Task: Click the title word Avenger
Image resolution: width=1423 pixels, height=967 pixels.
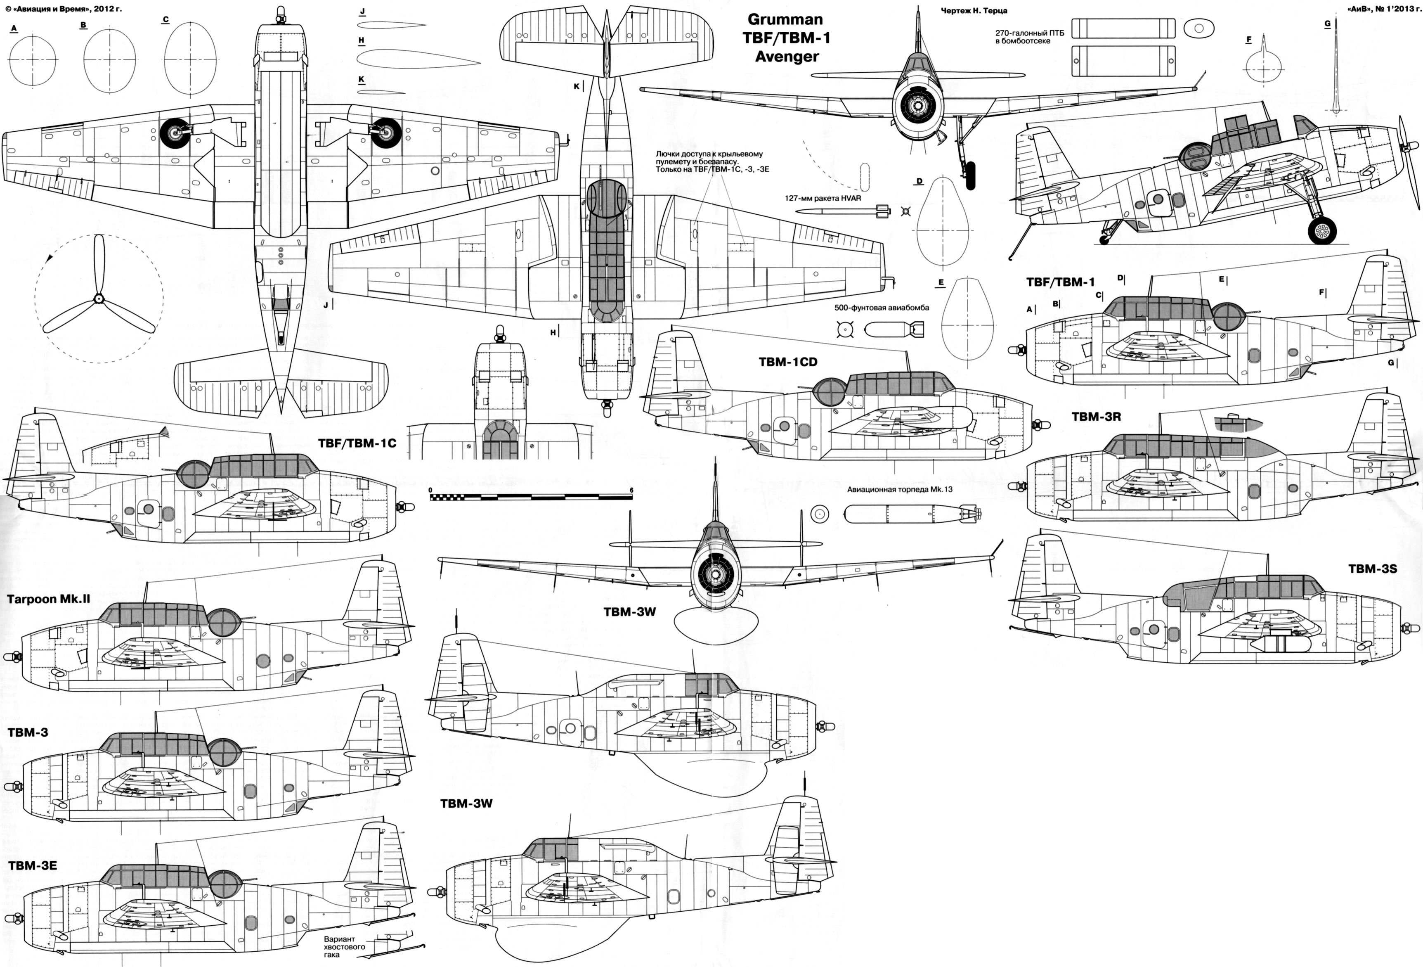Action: point(787,57)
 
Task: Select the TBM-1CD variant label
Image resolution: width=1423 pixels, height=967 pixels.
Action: point(787,362)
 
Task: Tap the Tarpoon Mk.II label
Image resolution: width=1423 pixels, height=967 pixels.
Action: point(48,599)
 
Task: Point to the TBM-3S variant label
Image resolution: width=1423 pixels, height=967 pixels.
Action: point(1372,568)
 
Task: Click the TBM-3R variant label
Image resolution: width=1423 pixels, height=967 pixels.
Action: point(1096,417)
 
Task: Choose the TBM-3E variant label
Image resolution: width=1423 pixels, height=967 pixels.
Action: point(33,865)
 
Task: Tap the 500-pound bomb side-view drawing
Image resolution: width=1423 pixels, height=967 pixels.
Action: point(894,331)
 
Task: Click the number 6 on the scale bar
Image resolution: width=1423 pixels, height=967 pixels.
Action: point(631,490)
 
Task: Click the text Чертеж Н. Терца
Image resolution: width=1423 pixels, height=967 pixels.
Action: point(974,10)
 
